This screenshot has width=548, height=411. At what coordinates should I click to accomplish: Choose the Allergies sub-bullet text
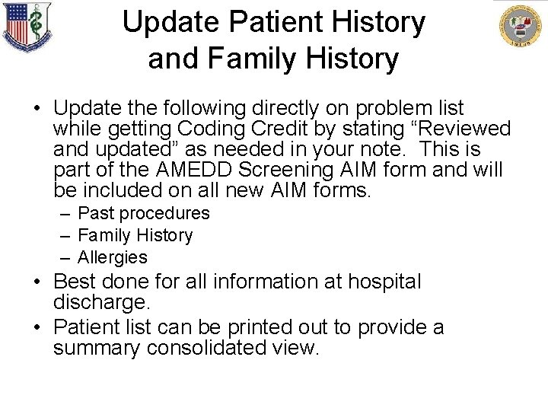[x=113, y=257]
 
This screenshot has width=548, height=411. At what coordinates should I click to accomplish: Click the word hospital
[x=384, y=282]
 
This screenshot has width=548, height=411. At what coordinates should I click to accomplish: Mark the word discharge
[x=100, y=302]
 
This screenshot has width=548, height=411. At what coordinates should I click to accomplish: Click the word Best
[x=73, y=282]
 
